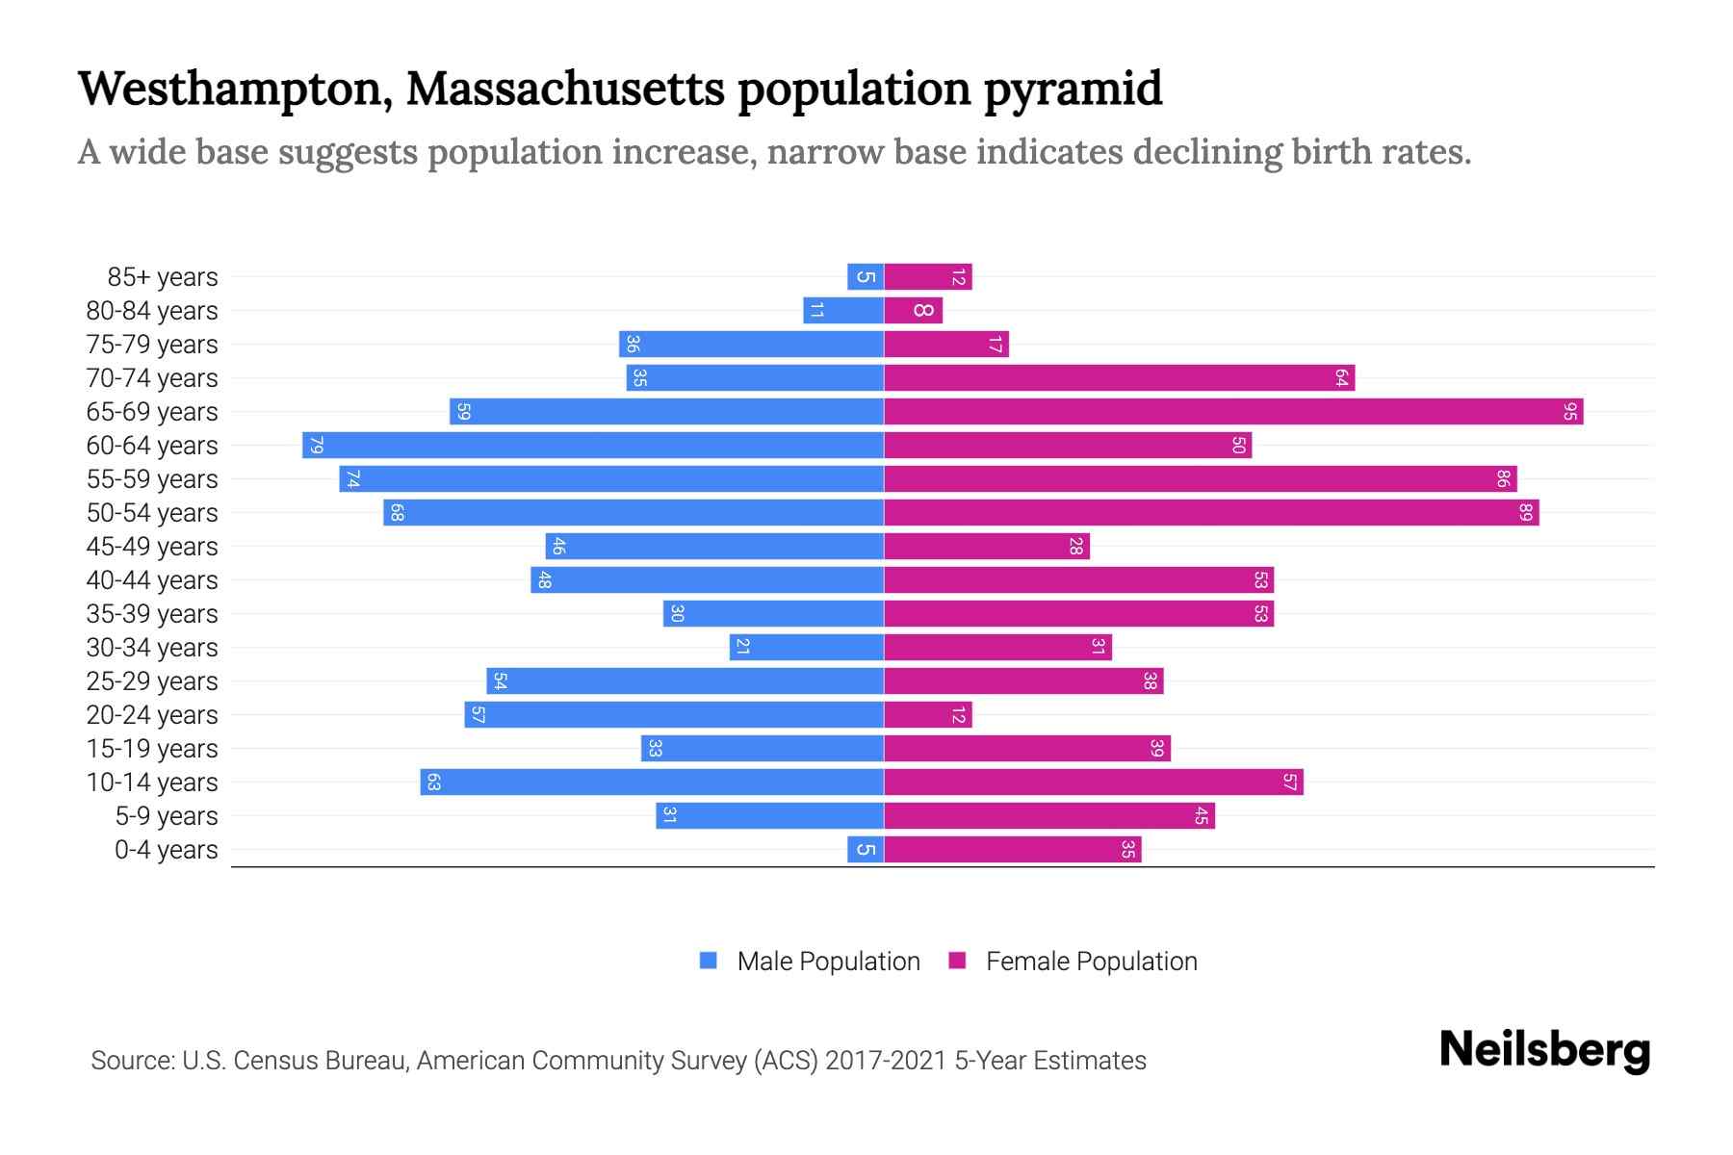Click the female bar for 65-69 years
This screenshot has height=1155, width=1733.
[x=1232, y=412]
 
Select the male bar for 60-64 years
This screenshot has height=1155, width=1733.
[x=593, y=446]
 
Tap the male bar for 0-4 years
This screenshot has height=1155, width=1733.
[x=866, y=850]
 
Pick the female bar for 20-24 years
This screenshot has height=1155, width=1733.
[x=928, y=715]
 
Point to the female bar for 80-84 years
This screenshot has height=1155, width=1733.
[x=913, y=311]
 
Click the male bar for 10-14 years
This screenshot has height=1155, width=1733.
[x=652, y=783]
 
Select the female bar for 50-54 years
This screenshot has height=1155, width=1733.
[x=1211, y=513]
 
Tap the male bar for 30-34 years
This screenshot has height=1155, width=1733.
[x=807, y=648]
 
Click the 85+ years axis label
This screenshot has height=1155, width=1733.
[x=163, y=277]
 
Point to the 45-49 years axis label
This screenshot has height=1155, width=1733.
[x=152, y=547]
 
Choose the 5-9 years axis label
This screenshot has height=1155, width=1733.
[x=167, y=816]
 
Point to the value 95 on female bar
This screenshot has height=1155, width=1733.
[x=1570, y=412]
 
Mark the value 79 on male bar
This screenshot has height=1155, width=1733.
[x=317, y=446]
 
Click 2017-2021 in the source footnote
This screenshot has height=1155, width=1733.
[x=886, y=1061]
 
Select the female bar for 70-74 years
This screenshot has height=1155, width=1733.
[x=1119, y=378]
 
